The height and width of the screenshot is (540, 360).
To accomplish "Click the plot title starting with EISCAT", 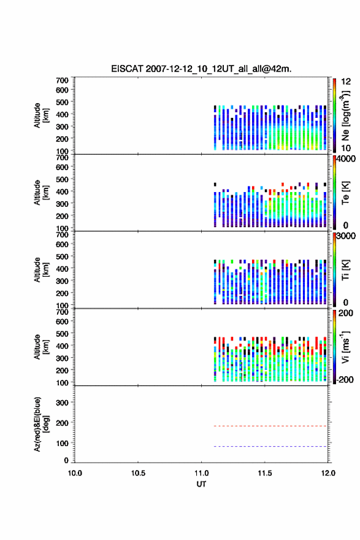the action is click(x=201, y=69).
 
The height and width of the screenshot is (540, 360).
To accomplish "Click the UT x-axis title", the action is click(x=201, y=484).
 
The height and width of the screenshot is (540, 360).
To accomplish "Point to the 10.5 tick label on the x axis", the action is click(x=138, y=473).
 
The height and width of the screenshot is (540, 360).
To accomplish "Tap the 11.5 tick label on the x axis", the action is click(x=264, y=473).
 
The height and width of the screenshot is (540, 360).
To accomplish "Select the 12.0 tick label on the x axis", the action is click(x=328, y=473).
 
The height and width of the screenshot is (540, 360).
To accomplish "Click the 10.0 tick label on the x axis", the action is click(x=75, y=473).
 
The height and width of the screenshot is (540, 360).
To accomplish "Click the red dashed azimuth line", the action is click(x=270, y=426).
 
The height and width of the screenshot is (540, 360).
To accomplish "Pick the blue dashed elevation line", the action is click(x=270, y=446).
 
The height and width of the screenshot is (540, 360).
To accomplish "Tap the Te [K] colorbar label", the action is click(x=345, y=193).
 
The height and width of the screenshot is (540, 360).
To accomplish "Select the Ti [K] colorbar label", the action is click(x=345, y=270).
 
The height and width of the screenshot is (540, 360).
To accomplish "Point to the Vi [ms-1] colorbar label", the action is click(x=345, y=347).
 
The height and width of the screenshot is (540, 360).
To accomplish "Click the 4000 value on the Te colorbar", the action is click(x=346, y=160).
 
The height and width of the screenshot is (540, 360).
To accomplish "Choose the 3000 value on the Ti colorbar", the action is click(x=346, y=236).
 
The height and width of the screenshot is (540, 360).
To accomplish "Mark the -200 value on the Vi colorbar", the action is click(x=345, y=379).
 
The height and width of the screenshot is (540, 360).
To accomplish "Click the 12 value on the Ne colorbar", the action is click(x=346, y=82).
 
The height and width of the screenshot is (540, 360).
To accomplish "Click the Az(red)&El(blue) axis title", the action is click(x=42, y=424).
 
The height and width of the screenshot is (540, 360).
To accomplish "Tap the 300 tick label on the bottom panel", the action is click(x=62, y=403).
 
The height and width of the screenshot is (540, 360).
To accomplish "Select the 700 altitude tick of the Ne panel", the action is click(x=62, y=80).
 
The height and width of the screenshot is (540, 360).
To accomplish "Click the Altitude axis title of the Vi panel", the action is click(x=42, y=347).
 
